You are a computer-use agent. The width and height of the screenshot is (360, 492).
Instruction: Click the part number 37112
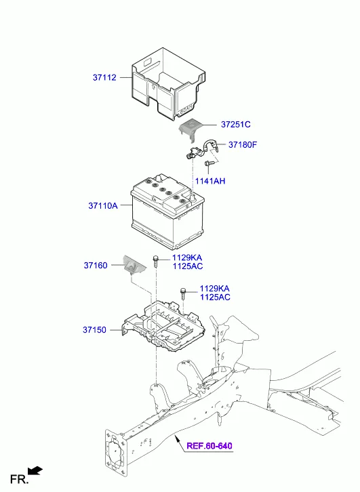point(104,77)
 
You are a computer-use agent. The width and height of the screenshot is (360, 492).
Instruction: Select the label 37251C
point(236,125)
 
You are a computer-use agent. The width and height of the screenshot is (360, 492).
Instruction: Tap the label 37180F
point(243,144)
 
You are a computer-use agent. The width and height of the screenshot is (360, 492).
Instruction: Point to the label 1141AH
point(210,181)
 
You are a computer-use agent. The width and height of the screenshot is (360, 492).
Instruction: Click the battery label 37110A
point(103,205)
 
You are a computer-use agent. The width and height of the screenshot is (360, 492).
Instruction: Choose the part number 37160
point(96,265)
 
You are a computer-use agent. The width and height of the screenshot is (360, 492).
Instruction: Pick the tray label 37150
point(94,330)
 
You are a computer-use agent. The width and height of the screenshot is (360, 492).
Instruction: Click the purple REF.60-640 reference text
point(209,445)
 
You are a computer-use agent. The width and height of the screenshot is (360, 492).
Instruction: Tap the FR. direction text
point(19,479)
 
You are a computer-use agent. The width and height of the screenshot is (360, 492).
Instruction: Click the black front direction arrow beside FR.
point(35,471)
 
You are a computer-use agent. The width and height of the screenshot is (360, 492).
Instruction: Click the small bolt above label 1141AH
point(210,163)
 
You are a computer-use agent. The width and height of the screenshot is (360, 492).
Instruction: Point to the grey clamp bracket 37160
point(134,266)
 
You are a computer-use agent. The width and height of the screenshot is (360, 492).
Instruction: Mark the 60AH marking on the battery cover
point(186,110)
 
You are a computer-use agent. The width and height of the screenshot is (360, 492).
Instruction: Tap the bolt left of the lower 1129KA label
point(183,293)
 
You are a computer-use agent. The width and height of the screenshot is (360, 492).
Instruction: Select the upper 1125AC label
point(188,266)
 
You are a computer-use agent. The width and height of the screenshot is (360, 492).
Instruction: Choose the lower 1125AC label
point(215,297)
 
